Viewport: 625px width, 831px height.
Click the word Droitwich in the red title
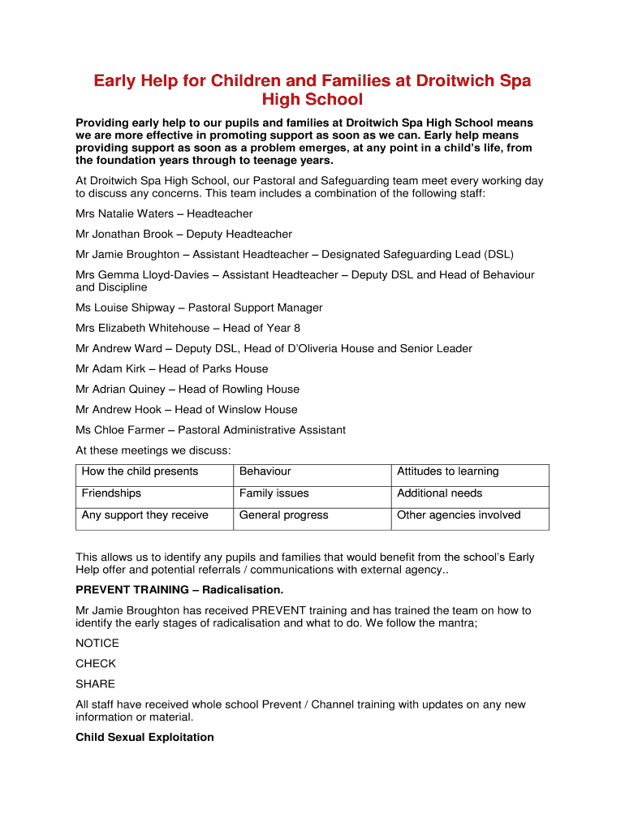(436, 81)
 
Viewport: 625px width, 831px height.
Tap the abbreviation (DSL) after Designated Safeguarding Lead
(498, 254)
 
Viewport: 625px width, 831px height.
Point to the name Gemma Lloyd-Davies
(154, 274)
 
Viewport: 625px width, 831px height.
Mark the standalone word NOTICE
(97, 643)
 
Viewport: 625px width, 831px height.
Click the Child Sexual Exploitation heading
(144, 737)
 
